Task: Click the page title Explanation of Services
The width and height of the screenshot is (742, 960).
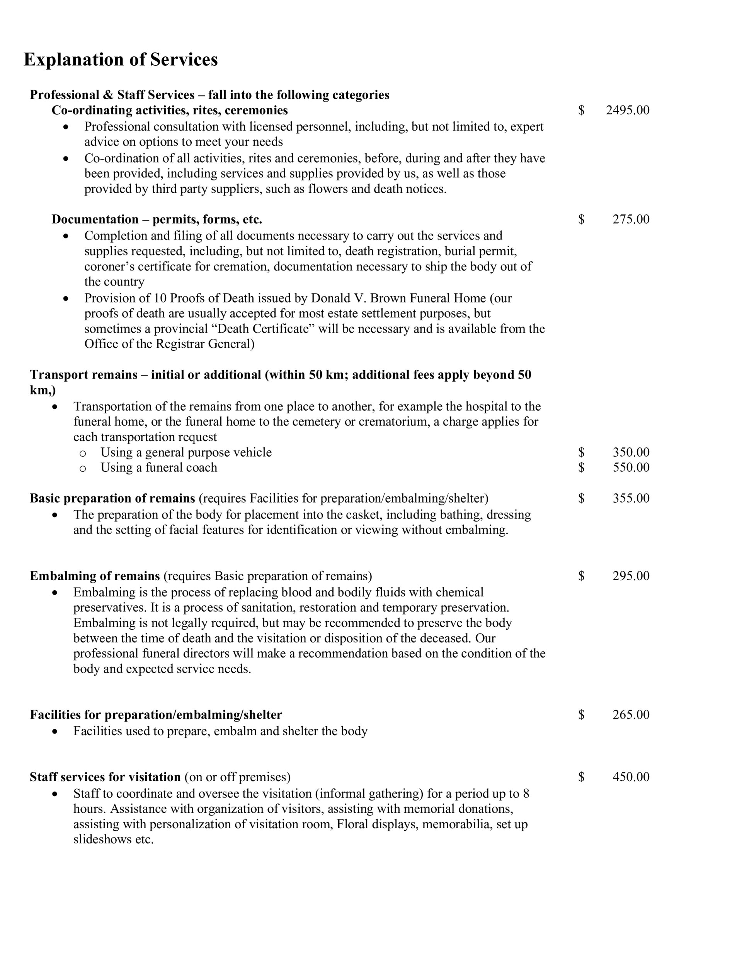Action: (x=121, y=59)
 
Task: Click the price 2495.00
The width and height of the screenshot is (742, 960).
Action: (x=627, y=110)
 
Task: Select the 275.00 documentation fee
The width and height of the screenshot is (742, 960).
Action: (x=631, y=219)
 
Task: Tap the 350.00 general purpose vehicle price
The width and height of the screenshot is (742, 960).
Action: (x=631, y=452)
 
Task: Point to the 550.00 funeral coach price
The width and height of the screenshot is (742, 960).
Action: (x=631, y=467)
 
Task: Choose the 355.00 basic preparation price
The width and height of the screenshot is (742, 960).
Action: (x=631, y=498)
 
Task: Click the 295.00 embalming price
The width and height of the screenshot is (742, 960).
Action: (x=631, y=576)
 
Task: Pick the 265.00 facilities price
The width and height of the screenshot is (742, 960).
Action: (x=631, y=715)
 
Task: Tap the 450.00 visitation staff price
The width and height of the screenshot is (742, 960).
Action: (x=631, y=777)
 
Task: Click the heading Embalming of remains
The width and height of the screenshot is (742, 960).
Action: (x=95, y=576)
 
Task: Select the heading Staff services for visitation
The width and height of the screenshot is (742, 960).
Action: (x=105, y=777)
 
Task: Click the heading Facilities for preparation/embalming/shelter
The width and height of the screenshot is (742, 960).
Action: (x=156, y=715)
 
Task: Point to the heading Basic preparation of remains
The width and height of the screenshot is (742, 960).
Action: (x=112, y=498)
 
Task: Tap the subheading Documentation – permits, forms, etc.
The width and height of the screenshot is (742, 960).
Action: (x=157, y=219)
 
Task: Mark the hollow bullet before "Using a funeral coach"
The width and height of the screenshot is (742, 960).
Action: (x=83, y=469)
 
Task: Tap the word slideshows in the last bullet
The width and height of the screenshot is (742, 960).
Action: (x=103, y=839)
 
